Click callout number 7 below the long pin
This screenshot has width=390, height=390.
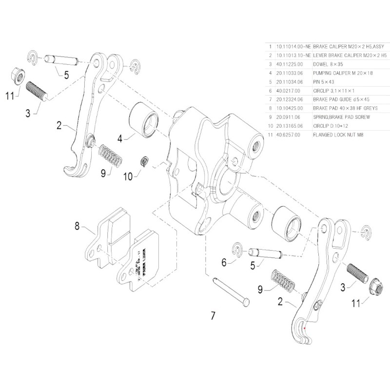(213, 316)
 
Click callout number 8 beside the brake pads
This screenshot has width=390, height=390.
(77, 226)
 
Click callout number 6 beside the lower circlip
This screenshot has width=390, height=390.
(224, 263)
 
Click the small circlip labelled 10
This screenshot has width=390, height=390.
(144, 161)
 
